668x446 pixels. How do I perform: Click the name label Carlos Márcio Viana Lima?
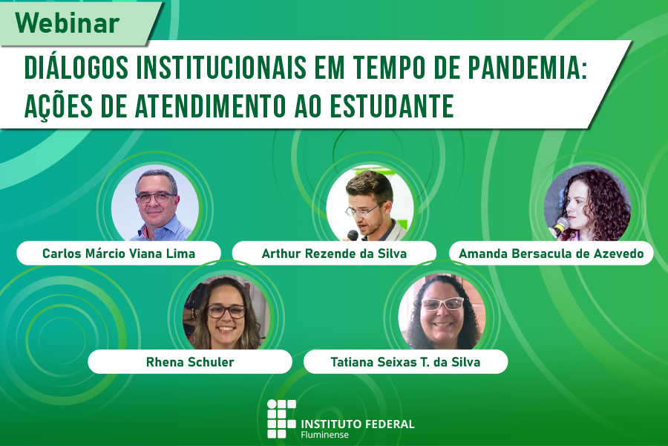[119, 253]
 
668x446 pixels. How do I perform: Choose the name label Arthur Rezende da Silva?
[334, 253]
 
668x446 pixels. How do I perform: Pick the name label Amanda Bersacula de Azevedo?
[551, 253]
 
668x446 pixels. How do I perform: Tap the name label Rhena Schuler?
[189, 362]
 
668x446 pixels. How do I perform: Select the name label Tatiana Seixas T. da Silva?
[405, 362]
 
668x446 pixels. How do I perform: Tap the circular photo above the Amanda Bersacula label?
[586, 202]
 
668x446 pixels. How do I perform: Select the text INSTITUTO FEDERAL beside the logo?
[357, 424]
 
